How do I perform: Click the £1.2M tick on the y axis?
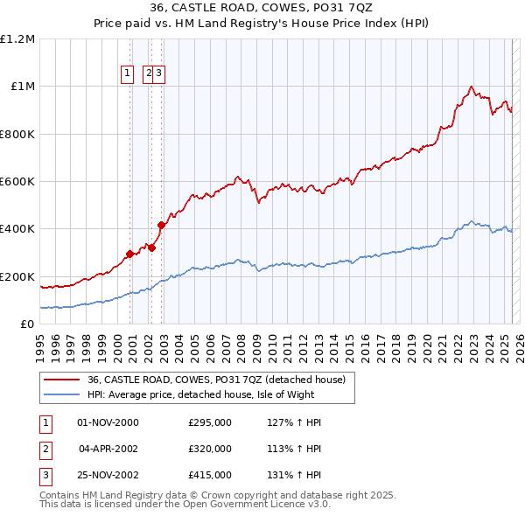click(17, 39)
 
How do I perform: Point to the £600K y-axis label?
click(17, 182)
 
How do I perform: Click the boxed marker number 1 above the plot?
click(128, 73)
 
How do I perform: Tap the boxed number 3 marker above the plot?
click(160, 73)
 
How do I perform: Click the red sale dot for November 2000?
click(130, 254)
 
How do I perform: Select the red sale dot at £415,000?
click(162, 226)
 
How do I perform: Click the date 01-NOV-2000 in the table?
click(108, 422)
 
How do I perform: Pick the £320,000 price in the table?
click(210, 449)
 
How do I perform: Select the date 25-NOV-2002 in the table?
click(108, 475)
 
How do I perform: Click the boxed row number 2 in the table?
click(44, 449)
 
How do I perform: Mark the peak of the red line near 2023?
click(472, 87)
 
